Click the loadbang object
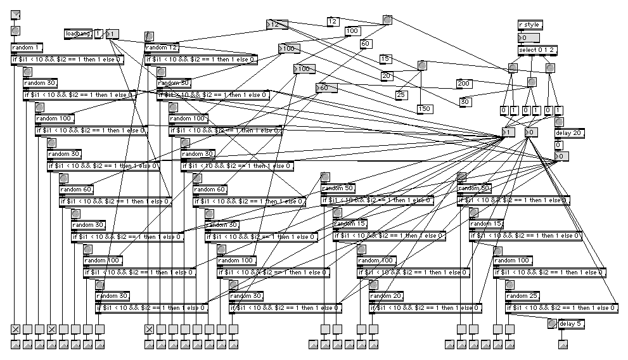click(x=79, y=33)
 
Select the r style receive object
click(x=530, y=25)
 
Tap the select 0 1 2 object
click(x=536, y=50)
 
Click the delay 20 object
click(x=570, y=133)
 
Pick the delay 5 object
click(x=571, y=324)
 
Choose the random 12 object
click(x=162, y=48)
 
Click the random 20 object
click(x=386, y=296)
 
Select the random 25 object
click(x=523, y=296)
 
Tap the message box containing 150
click(x=425, y=108)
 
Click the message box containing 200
click(x=464, y=84)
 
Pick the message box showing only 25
click(x=401, y=95)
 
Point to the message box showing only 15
click(x=385, y=59)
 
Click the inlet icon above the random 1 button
click(x=16, y=15)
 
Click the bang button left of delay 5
click(x=551, y=324)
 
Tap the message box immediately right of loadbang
click(x=99, y=33)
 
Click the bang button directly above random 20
click(x=373, y=285)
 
